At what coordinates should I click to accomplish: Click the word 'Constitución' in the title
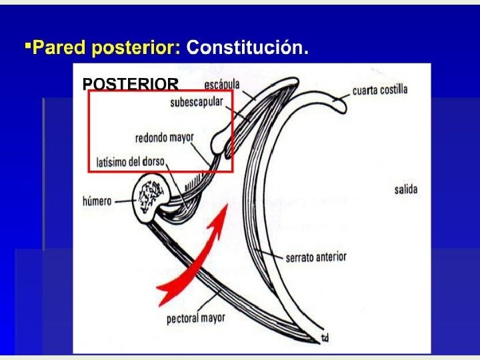pyautogui.click(x=247, y=47)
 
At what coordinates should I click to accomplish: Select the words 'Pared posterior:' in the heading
pyautogui.click(x=106, y=47)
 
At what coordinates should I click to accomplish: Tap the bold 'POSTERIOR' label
pyautogui.click(x=130, y=83)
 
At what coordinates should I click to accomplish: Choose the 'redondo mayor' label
pyautogui.click(x=164, y=138)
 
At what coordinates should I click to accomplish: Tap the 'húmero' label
pyautogui.click(x=97, y=200)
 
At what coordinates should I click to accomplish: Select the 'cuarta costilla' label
pyautogui.click(x=380, y=89)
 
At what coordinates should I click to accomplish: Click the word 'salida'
pyautogui.click(x=405, y=189)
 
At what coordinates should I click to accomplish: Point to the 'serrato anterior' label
pyautogui.click(x=316, y=257)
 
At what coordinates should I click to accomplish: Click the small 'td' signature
pyautogui.click(x=325, y=338)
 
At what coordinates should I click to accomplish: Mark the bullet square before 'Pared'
pyautogui.click(x=27, y=46)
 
